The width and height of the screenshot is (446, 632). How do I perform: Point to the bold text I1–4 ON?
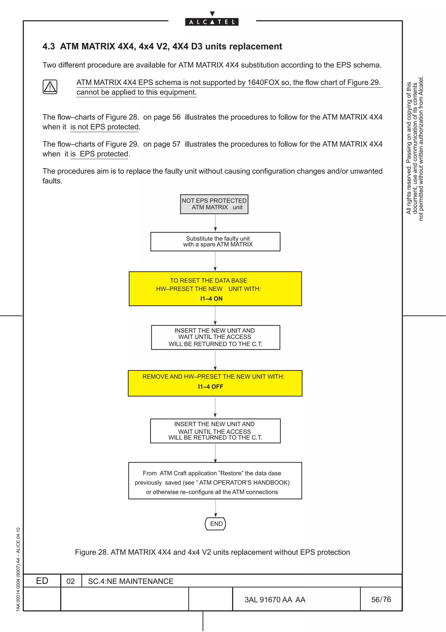coord(211,299)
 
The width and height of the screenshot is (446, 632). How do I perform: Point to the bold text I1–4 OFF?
coord(211,386)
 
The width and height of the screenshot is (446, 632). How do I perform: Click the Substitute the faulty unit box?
coord(215,241)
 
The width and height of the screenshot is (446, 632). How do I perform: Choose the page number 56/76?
coord(381,599)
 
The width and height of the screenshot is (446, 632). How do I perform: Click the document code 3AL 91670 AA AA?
coord(275,600)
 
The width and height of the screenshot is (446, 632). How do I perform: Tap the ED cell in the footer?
coord(42,581)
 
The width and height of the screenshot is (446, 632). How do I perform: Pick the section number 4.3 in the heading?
coord(49,46)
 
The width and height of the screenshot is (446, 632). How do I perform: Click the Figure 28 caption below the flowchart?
coord(212,552)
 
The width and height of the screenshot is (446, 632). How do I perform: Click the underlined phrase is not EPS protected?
coord(105,127)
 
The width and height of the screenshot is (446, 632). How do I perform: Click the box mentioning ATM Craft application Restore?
coord(215,481)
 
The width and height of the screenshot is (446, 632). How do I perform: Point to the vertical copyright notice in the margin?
coord(415,149)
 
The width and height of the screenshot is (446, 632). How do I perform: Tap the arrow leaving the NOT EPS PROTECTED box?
coord(215,223)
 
